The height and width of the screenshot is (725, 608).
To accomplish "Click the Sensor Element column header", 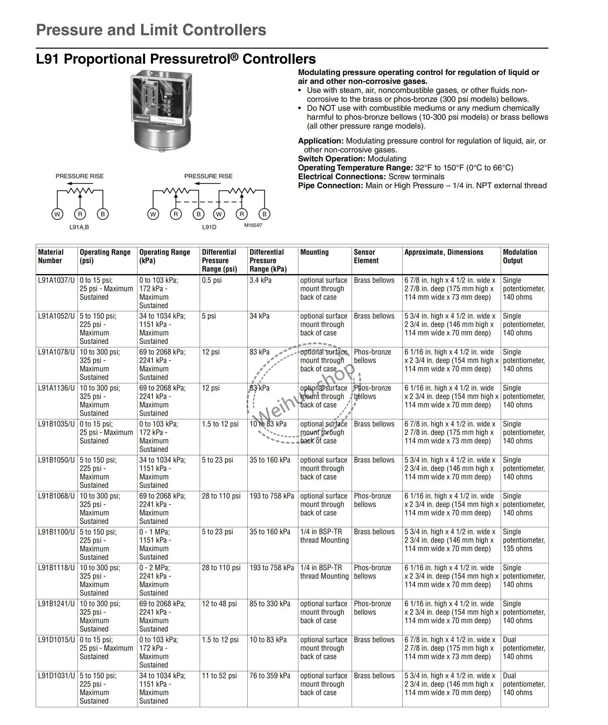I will (x=366, y=257).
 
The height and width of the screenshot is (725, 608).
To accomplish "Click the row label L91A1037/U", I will (x=56, y=280).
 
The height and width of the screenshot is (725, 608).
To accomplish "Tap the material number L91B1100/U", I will (x=56, y=532).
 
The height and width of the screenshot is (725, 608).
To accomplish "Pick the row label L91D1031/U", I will (x=56, y=676).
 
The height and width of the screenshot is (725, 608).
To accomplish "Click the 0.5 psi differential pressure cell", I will (x=211, y=280).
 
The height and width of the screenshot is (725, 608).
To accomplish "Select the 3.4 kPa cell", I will (x=260, y=280).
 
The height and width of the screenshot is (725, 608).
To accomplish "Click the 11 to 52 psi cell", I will (x=219, y=676).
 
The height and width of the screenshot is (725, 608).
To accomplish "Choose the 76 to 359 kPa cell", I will (x=270, y=676).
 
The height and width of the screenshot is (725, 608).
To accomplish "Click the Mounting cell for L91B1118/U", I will (x=324, y=572).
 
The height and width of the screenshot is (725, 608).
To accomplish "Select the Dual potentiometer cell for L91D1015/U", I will (x=523, y=648).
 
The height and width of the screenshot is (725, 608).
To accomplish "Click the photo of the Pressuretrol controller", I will (x=161, y=111).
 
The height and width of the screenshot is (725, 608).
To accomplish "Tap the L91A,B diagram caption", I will (x=79, y=227).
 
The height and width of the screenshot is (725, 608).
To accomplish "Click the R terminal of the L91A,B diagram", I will (x=80, y=214).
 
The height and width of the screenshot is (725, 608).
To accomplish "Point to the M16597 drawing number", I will (x=253, y=225).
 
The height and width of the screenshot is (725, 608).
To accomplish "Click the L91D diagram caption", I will (x=209, y=227).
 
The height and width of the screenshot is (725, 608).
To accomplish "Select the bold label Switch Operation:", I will (x=331, y=159).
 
